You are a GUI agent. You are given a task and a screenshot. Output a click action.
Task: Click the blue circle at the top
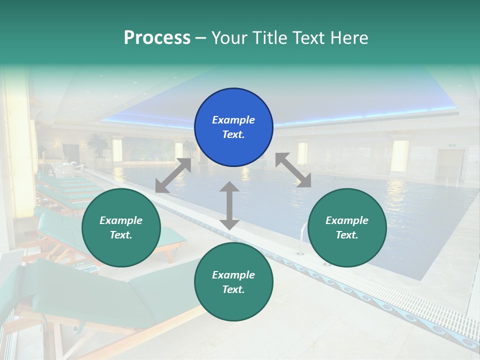click(x=233, y=127)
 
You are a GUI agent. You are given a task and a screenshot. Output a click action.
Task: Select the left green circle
click(x=121, y=227)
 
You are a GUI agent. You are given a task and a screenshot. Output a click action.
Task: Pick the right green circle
click(x=347, y=227)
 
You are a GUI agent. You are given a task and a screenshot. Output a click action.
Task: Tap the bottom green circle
click(x=233, y=282)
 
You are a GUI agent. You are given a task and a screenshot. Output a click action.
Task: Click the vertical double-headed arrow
click(x=229, y=205)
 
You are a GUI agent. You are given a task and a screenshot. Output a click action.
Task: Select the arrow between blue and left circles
click(x=173, y=175)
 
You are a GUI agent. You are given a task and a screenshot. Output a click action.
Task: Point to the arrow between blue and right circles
click(x=293, y=170)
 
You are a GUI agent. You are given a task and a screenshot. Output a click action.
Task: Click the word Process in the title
click(x=157, y=37)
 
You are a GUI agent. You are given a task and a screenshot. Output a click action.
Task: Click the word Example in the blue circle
click(x=233, y=120)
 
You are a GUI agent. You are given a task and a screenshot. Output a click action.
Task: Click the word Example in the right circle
click(x=347, y=220)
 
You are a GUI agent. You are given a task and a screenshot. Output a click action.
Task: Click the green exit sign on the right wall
click(x=452, y=145)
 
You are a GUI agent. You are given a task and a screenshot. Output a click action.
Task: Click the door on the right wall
click(x=450, y=165)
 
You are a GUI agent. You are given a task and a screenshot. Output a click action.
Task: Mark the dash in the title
click(x=201, y=37)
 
